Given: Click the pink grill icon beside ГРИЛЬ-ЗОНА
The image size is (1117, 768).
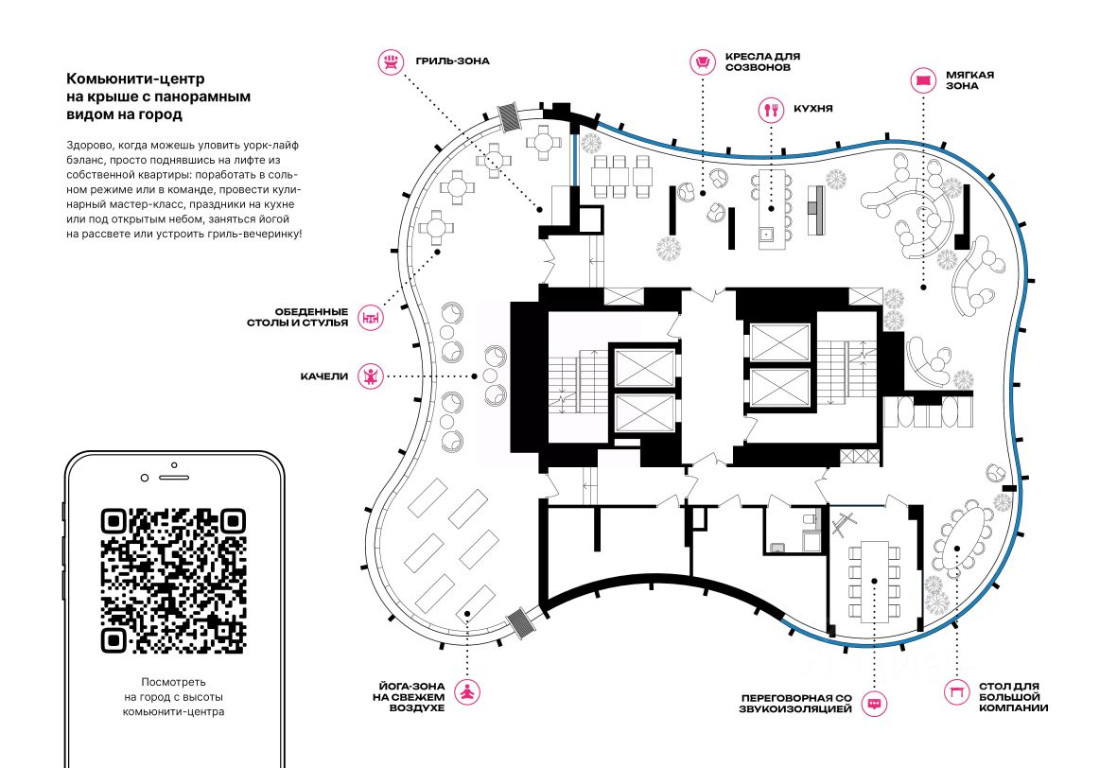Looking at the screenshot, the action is pos(391,61).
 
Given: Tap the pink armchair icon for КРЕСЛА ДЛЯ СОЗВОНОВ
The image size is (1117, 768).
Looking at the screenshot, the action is pos(703,62).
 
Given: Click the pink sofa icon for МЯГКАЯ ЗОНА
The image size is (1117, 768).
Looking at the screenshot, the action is pos(923,79).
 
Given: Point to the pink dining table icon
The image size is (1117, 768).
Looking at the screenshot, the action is pos(371,317).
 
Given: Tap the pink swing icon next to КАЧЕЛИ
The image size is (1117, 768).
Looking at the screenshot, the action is pos(371,375).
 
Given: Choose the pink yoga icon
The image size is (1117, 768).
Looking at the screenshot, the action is pos(467,691).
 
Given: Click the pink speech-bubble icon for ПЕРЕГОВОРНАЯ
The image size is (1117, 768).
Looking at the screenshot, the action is pos(874,703).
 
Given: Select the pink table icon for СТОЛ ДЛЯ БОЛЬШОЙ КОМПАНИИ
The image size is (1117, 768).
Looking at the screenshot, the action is pos(956,691).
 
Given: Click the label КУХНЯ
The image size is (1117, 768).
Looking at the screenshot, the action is pos(812,109).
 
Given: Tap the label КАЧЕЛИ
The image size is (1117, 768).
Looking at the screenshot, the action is pos(324,376).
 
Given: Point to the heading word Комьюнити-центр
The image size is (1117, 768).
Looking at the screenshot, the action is pos(135,79).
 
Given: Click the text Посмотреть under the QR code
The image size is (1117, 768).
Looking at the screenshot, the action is pos(173,682).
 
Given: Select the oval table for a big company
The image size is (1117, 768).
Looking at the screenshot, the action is pos(965,535).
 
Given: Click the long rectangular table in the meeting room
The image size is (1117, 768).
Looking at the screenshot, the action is pos(875,581).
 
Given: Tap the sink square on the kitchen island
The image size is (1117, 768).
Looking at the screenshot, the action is pos(766,233).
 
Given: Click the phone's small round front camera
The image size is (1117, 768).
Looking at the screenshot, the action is pos(145,478).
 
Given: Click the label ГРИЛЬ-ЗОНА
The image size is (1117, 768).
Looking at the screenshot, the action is pos(452,61).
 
